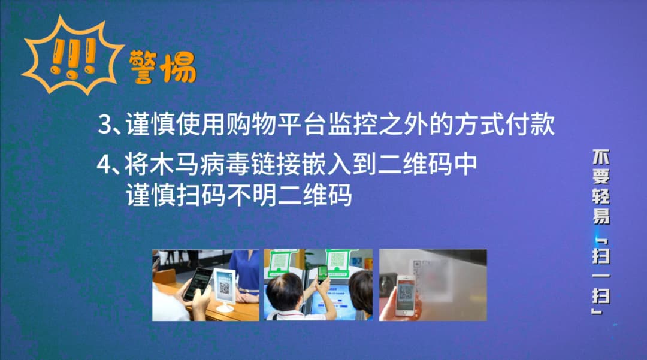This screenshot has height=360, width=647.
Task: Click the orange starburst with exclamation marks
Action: coord(69,56)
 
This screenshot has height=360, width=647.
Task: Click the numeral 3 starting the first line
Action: coord(105,125)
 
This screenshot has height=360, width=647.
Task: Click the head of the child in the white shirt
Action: coord(284,291)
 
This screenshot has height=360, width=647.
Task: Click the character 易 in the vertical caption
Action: coord(601,217)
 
